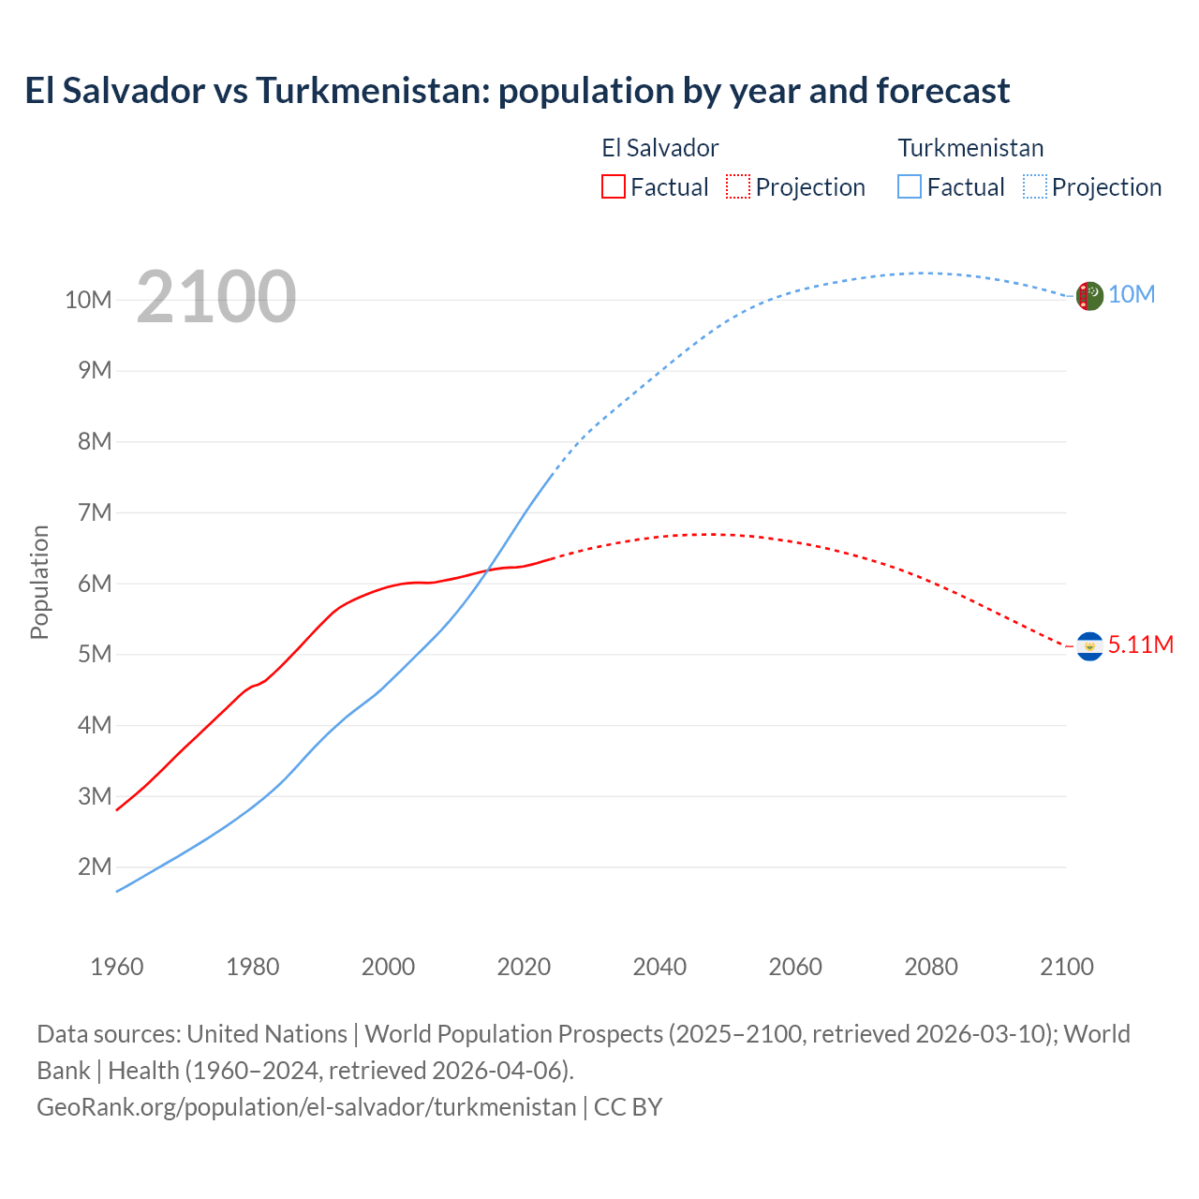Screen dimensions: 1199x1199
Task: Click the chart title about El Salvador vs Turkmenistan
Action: [x=517, y=91]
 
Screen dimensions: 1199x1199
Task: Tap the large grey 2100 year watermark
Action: [x=216, y=297]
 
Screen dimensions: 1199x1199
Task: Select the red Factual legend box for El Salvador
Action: [x=613, y=186]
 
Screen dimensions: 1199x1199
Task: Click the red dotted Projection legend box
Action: [x=738, y=186]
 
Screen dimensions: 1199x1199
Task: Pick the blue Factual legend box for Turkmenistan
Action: [x=910, y=186]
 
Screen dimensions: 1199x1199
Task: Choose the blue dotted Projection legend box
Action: [x=1035, y=186]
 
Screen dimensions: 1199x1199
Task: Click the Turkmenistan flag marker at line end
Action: [x=1089, y=296]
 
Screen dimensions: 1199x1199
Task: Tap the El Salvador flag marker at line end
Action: [x=1089, y=646]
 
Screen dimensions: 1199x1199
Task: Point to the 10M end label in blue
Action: [x=1132, y=295]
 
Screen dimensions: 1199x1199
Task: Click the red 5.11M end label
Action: [x=1140, y=645]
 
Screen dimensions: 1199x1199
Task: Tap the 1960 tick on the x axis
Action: [x=117, y=967]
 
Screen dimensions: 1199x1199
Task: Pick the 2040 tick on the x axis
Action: [x=659, y=967]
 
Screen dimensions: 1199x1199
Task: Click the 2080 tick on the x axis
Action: [x=931, y=967]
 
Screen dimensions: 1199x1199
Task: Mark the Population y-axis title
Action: [x=39, y=583]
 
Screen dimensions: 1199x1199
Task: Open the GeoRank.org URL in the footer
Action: [x=306, y=1107]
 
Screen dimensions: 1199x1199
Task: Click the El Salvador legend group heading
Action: [x=659, y=148]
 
